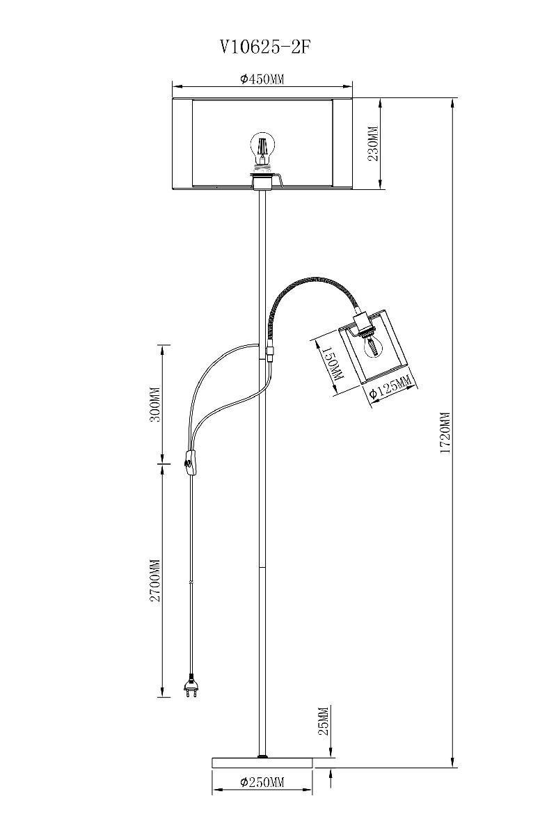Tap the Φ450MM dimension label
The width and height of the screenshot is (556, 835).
pos(262,79)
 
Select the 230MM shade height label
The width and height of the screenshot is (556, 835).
pos(372,143)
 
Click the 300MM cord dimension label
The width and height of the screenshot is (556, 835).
pos(155,405)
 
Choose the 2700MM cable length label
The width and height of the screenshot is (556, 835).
pos(155,581)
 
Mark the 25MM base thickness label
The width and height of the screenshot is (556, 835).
pos(322,722)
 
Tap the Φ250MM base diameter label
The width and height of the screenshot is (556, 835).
pos(262,783)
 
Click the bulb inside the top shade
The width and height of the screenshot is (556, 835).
pos(262,146)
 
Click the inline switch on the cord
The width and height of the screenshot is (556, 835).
pos(190,462)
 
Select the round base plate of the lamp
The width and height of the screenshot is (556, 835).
pos(262,763)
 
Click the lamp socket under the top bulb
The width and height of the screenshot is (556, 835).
pos(262,180)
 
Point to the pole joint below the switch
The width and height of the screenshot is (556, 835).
pos(263,567)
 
